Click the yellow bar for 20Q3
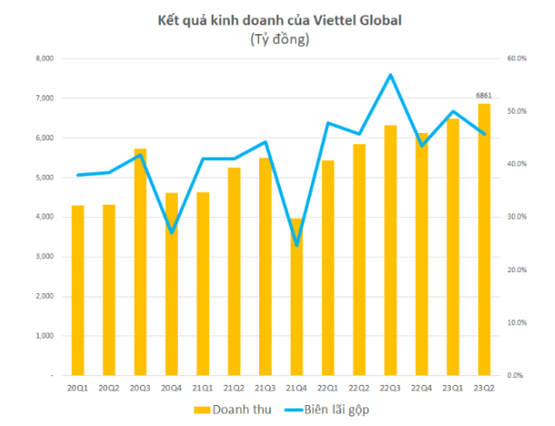coord(140,262)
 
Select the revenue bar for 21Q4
coord(297,297)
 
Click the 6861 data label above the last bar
coord(484,94)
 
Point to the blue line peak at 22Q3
coord(390,74)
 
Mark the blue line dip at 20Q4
coord(172,233)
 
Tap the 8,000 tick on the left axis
coord(44,59)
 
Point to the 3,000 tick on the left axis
coord(44,256)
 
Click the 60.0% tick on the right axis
coord(516,59)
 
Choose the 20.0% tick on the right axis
coord(516,270)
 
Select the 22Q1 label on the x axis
coord(327,387)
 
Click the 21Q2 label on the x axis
coord(234,387)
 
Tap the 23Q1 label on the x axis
coord(453,387)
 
